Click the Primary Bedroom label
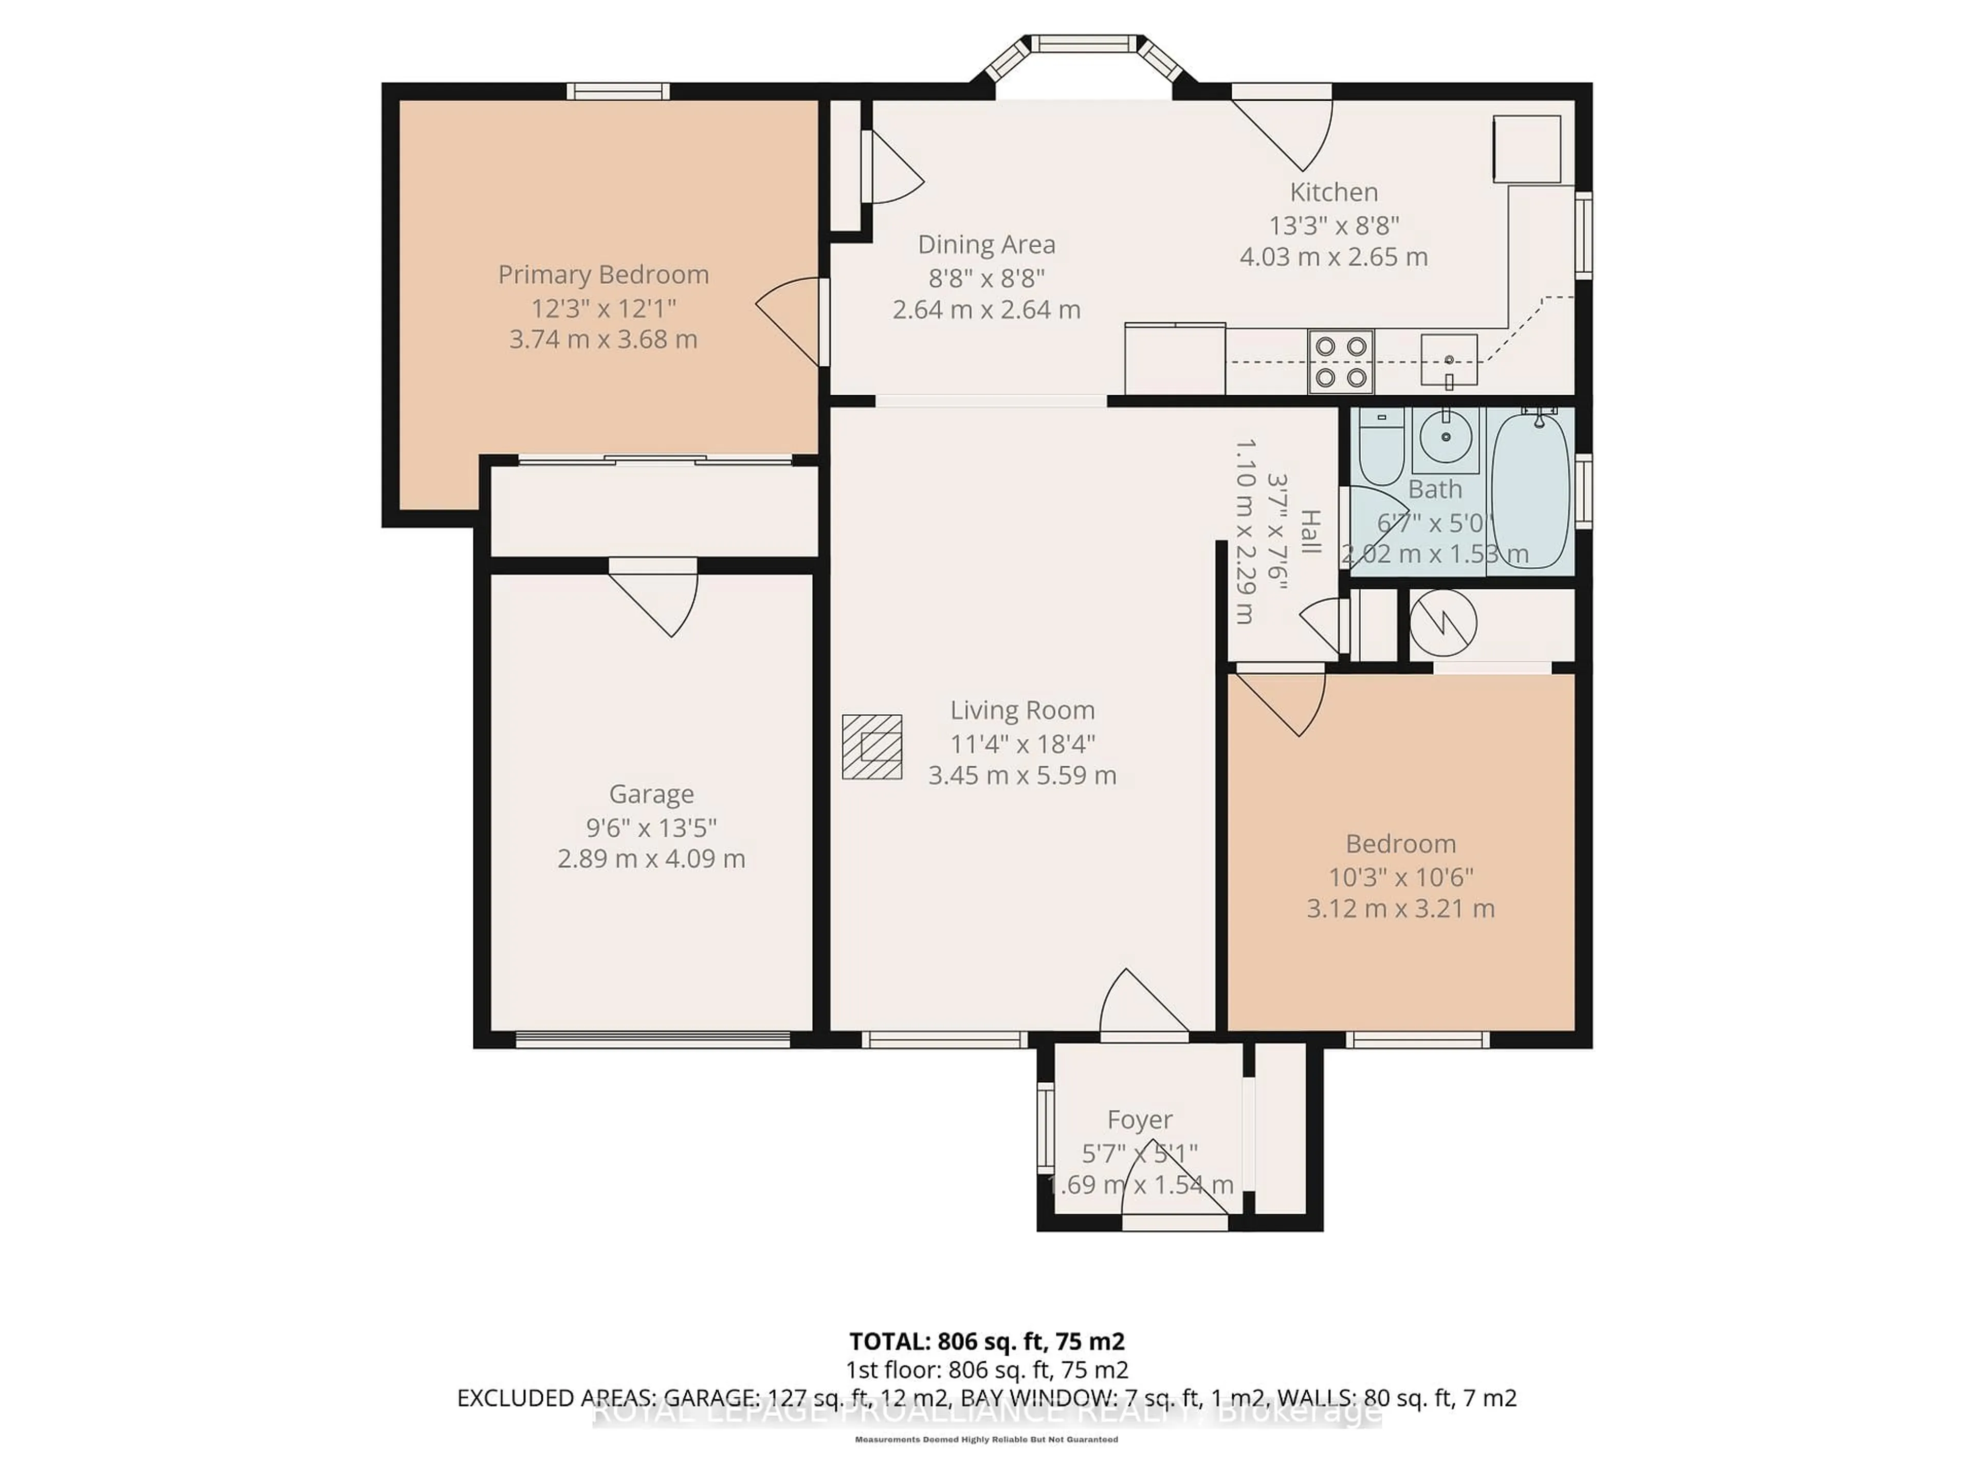(604, 275)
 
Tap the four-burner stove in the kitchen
(1340, 361)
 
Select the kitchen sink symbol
(1449, 360)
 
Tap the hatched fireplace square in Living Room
(872, 747)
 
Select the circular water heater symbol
(1443, 623)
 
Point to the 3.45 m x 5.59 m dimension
(1022, 775)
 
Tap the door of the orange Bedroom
(1285, 700)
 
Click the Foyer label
(1140, 1120)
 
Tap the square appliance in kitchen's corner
(1527, 149)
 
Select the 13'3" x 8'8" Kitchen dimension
(1333, 225)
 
